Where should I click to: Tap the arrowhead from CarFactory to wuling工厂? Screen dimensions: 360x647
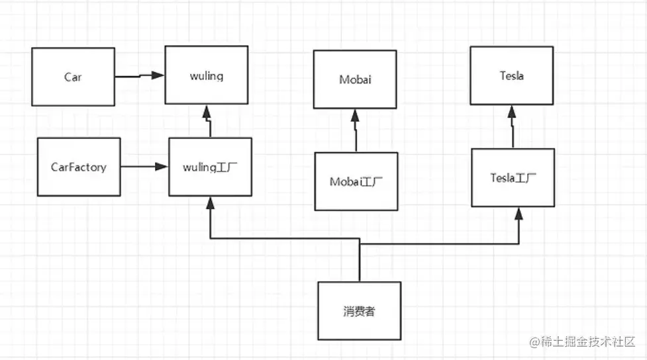[162, 167]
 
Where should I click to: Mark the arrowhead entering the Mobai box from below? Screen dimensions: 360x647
[355, 114]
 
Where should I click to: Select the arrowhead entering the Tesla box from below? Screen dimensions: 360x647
[512, 111]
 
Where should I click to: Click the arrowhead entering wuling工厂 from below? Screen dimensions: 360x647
[211, 202]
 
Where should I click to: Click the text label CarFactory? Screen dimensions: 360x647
[79, 167]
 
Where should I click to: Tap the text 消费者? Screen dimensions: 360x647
[359, 311]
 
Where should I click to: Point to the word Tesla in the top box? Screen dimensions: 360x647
[512, 75]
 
